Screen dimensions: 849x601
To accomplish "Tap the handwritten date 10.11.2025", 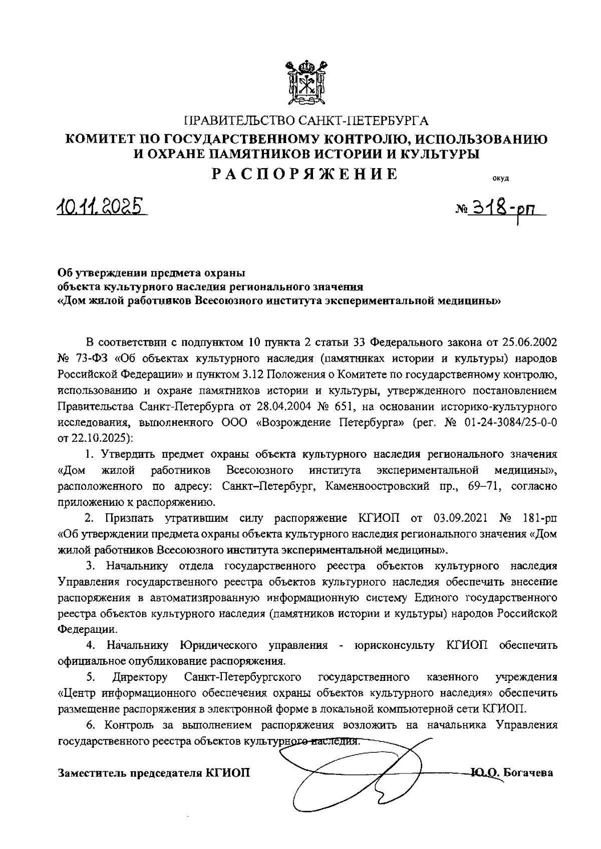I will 102,206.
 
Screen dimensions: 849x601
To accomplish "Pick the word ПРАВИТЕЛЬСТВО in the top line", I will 234,121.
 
